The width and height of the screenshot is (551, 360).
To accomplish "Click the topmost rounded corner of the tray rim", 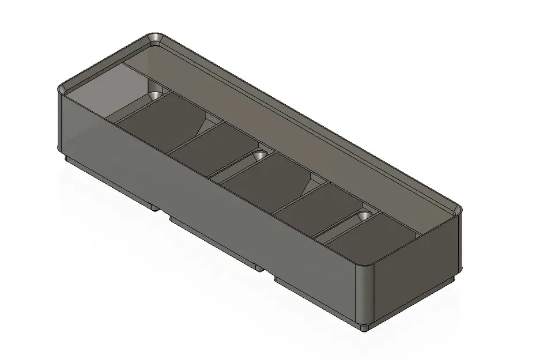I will coord(155,39).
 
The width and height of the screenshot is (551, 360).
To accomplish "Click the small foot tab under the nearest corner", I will coord(364,328).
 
